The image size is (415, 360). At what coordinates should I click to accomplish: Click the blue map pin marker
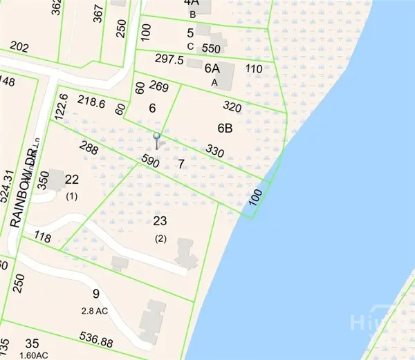157,136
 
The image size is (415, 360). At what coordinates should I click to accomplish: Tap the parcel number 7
181,164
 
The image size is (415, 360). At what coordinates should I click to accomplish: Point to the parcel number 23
160,221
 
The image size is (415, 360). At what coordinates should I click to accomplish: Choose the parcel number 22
71,180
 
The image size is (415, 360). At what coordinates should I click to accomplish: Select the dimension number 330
216,151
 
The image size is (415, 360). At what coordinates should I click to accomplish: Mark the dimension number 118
43,238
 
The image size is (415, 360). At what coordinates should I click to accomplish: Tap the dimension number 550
212,50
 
